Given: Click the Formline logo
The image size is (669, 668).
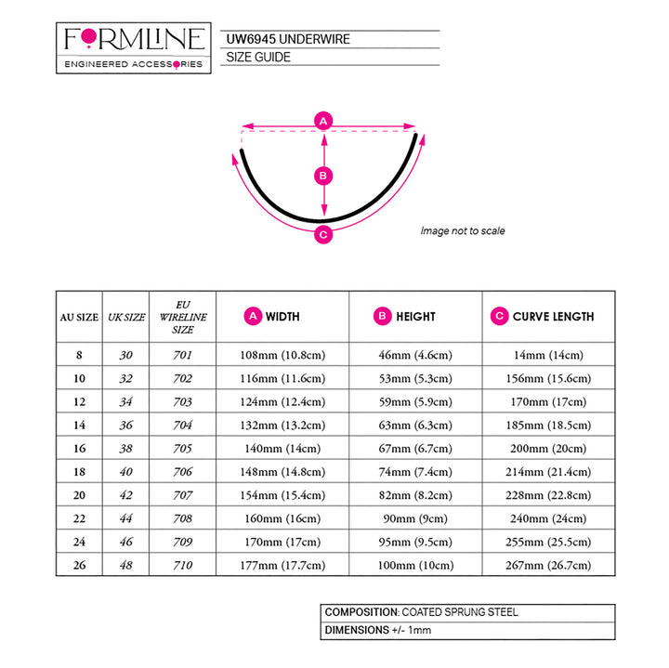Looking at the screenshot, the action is (x=134, y=47).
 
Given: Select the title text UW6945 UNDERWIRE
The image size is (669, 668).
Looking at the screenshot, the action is (x=288, y=39).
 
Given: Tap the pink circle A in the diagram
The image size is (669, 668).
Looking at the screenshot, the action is (x=323, y=121).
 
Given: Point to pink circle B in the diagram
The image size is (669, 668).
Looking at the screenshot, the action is (x=323, y=176).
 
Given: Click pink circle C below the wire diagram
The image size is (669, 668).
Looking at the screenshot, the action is (x=323, y=235).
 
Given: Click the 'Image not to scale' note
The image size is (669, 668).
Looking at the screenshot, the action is (x=463, y=230).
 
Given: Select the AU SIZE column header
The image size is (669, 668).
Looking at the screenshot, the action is (x=79, y=318).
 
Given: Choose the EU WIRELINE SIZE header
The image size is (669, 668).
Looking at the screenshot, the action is (x=183, y=317).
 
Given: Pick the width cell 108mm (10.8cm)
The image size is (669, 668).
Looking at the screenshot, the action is (x=282, y=355).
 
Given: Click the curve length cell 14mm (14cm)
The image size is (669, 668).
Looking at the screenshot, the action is (x=548, y=355).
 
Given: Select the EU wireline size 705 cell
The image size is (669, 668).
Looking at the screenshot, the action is (x=183, y=449).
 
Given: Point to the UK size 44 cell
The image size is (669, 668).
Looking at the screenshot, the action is (x=125, y=518).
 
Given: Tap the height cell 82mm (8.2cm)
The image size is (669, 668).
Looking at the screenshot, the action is (x=415, y=495).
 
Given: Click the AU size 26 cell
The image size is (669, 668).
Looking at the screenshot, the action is (x=79, y=565).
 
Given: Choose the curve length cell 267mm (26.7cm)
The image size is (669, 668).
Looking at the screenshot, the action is (x=548, y=565).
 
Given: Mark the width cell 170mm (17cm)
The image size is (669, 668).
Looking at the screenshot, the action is (x=282, y=542).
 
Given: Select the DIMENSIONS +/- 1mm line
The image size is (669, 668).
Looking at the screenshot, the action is (x=378, y=630).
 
